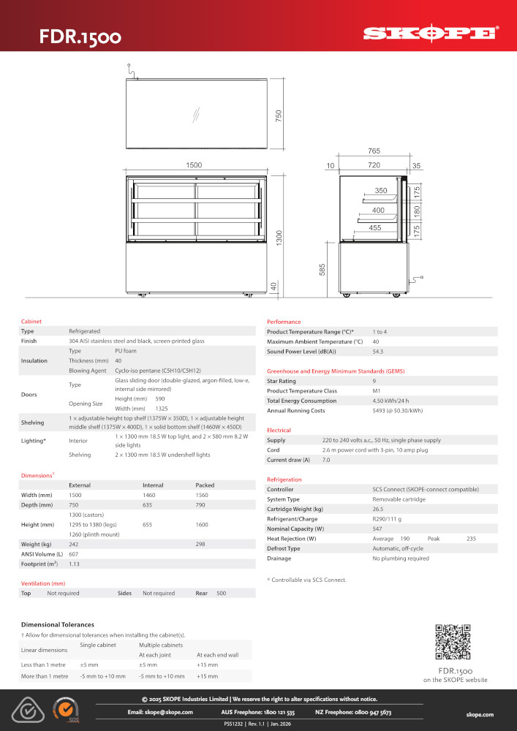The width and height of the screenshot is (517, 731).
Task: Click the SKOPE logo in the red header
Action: [431, 33]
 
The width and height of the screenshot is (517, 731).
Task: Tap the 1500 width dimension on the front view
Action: [194, 166]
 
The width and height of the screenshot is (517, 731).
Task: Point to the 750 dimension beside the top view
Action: [278, 116]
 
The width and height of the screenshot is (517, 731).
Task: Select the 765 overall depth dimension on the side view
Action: [374, 151]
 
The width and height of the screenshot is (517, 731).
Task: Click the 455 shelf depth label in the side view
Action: [375, 228]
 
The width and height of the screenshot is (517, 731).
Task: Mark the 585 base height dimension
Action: [322, 270]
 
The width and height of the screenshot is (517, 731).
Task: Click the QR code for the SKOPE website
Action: [453, 642]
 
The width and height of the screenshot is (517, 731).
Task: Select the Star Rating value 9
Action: [374, 381]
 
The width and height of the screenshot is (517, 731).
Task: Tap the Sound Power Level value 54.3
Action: [378, 352]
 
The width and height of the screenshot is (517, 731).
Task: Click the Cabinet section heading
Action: [31, 322]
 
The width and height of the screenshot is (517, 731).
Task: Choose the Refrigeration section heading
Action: [284, 480]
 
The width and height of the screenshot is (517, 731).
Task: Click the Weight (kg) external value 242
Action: [74, 544]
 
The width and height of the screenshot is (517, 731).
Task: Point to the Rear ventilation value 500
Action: [221, 594]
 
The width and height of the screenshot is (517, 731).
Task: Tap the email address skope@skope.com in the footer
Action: [160, 711]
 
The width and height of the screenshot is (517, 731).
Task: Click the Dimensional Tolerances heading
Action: [58, 624]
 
